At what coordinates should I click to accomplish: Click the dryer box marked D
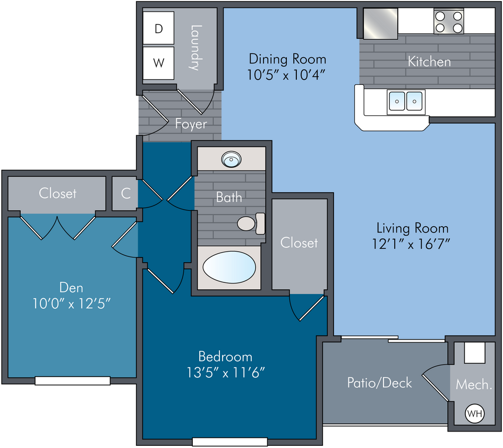point(158,28)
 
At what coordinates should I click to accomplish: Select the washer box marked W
point(158,63)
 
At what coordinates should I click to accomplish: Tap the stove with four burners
point(449,21)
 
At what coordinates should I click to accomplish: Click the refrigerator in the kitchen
point(380,23)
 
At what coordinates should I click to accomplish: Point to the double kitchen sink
point(406,101)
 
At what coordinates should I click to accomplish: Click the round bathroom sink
point(231,159)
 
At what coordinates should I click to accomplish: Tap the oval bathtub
point(229,267)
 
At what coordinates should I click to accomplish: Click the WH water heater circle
point(475,413)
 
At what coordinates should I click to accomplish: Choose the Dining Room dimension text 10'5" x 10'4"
point(286,75)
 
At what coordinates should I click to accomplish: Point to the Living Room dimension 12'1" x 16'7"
point(411,244)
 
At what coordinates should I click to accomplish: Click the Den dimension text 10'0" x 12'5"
point(72,304)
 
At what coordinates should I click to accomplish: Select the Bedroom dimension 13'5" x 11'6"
point(226,373)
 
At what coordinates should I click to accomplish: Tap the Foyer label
point(191,124)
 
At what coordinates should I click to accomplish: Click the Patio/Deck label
point(379,383)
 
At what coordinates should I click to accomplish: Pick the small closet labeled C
point(125,193)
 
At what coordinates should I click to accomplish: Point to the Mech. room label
point(474,384)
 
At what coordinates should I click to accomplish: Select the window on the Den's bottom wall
point(72,381)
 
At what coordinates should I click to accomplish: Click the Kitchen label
point(429,62)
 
